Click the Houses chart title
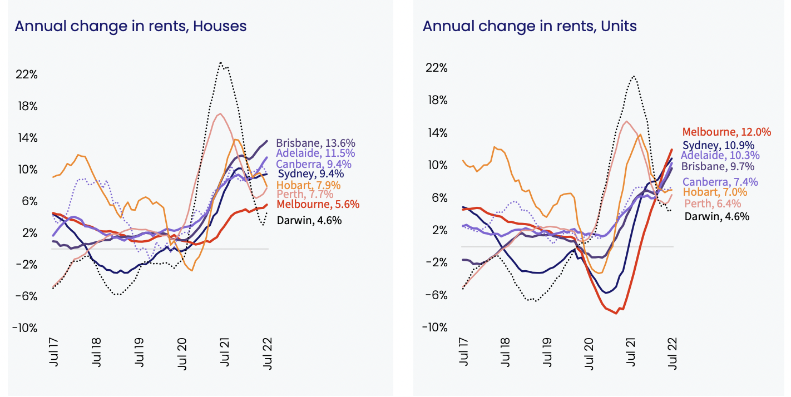pyautogui.click(x=130, y=26)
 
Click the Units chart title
pyautogui.click(x=530, y=26)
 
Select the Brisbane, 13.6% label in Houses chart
pyautogui.click(x=315, y=142)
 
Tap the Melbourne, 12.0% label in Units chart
pyautogui.click(x=726, y=132)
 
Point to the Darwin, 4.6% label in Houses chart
pyautogui.click(x=309, y=220)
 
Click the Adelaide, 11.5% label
pyautogui.click(x=315, y=153)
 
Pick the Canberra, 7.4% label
pyautogui.click(x=720, y=182)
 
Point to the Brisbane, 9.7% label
pyautogui.click(x=718, y=166)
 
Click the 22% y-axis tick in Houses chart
pyautogui.click(x=27, y=75)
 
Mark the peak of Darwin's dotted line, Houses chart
pyautogui.click(x=221, y=63)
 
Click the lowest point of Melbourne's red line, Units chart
pyautogui.click(x=616, y=313)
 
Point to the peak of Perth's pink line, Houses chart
pyautogui.click(x=221, y=114)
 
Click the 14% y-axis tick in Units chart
pyautogui.click(x=435, y=133)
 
